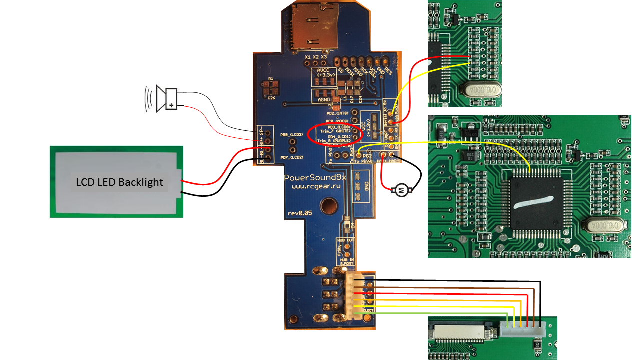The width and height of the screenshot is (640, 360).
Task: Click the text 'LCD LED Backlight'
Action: click(119, 182)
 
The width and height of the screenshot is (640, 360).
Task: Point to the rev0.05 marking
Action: click(299, 213)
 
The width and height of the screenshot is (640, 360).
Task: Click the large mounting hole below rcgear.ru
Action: click(329, 205)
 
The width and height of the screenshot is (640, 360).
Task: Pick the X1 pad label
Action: click(308, 57)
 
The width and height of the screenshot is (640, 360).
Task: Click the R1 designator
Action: click(270, 79)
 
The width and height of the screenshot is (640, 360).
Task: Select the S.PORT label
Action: click(346, 263)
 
